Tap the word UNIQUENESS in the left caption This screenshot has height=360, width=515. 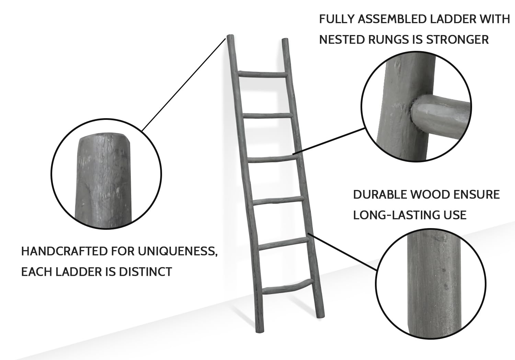[178, 251]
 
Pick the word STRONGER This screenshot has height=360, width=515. [457, 40]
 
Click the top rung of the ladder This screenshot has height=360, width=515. [263, 74]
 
